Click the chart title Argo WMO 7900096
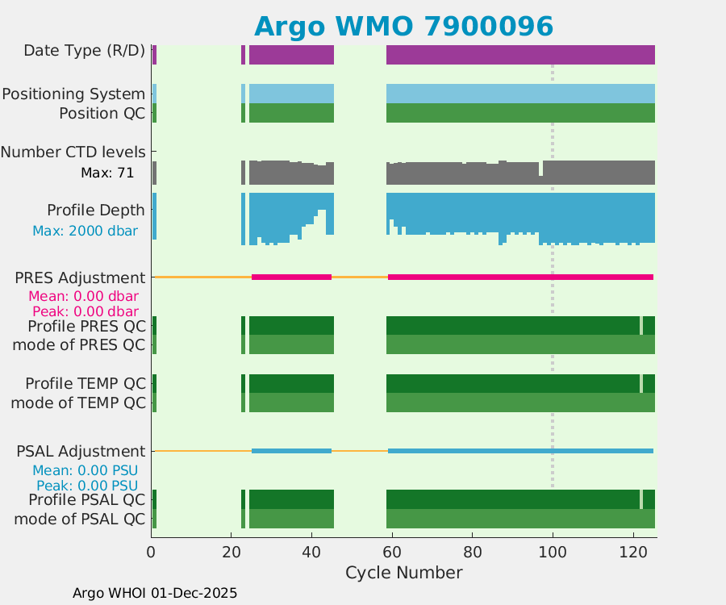click(403, 27)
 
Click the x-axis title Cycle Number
click(403, 573)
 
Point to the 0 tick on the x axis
click(152, 553)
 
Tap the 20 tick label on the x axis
click(232, 553)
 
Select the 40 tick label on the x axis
click(312, 553)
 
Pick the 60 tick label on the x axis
click(392, 553)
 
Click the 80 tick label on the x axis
click(473, 553)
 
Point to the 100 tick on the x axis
click(553, 553)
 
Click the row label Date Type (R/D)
click(85, 51)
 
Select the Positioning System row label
click(73, 94)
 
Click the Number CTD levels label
click(73, 152)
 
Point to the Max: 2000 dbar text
click(85, 231)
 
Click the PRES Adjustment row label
click(81, 277)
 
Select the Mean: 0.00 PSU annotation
click(86, 470)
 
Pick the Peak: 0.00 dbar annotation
click(86, 311)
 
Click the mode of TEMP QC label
click(78, 403)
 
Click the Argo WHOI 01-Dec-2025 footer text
click(155, 593)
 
